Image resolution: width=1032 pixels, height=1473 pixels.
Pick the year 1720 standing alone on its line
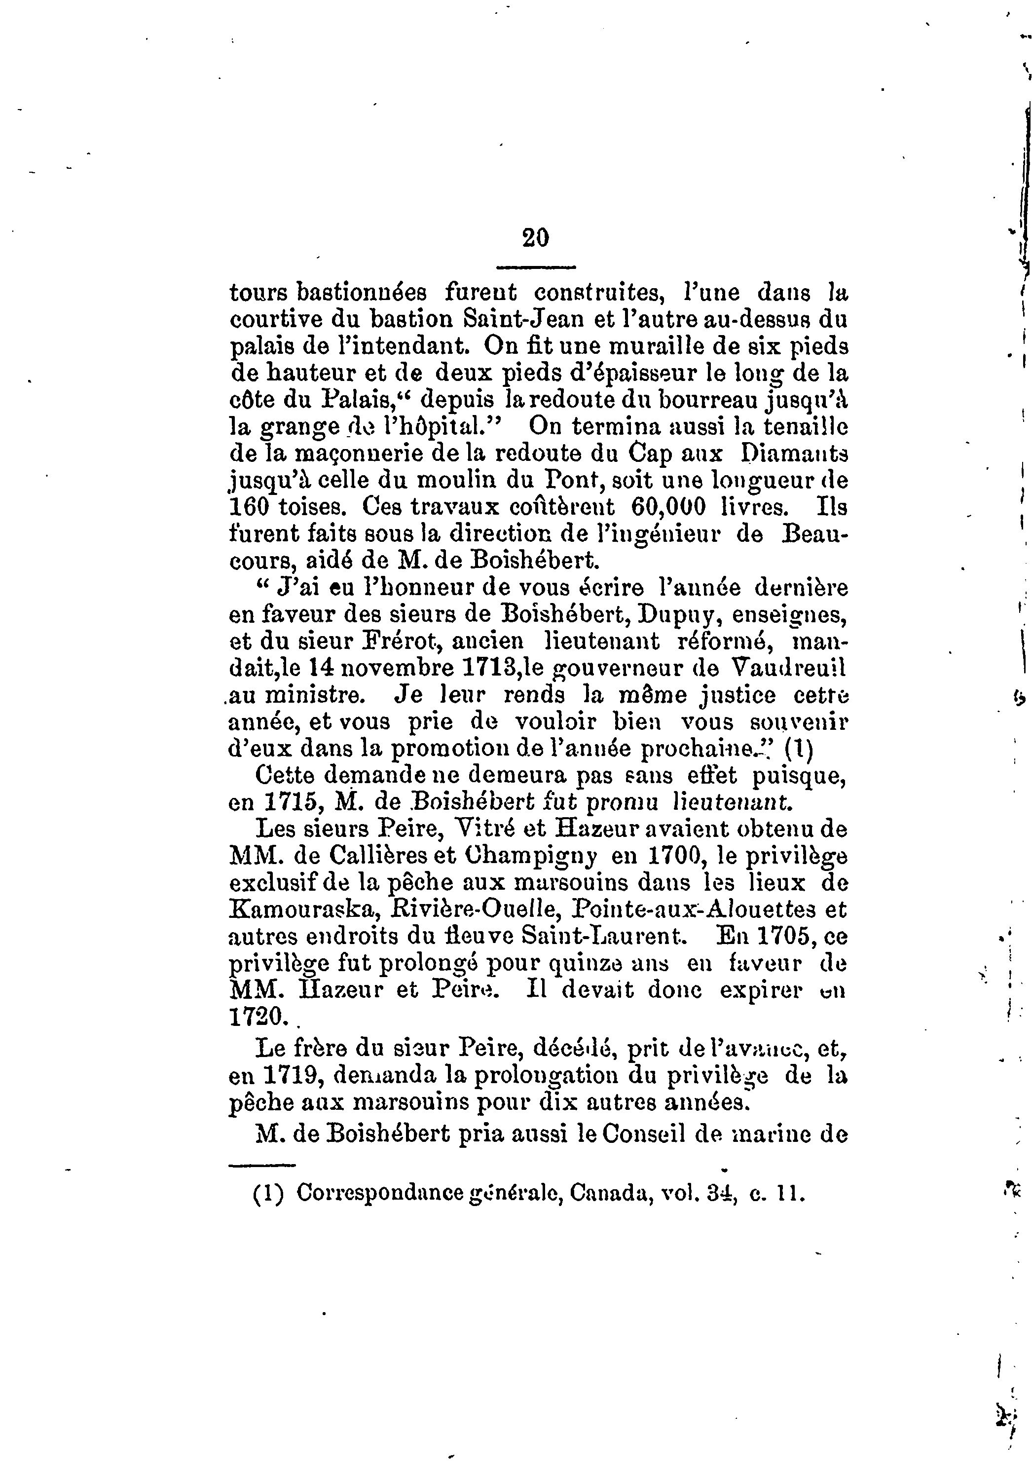point(255,1018)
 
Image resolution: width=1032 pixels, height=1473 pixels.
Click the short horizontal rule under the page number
point(536,267)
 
